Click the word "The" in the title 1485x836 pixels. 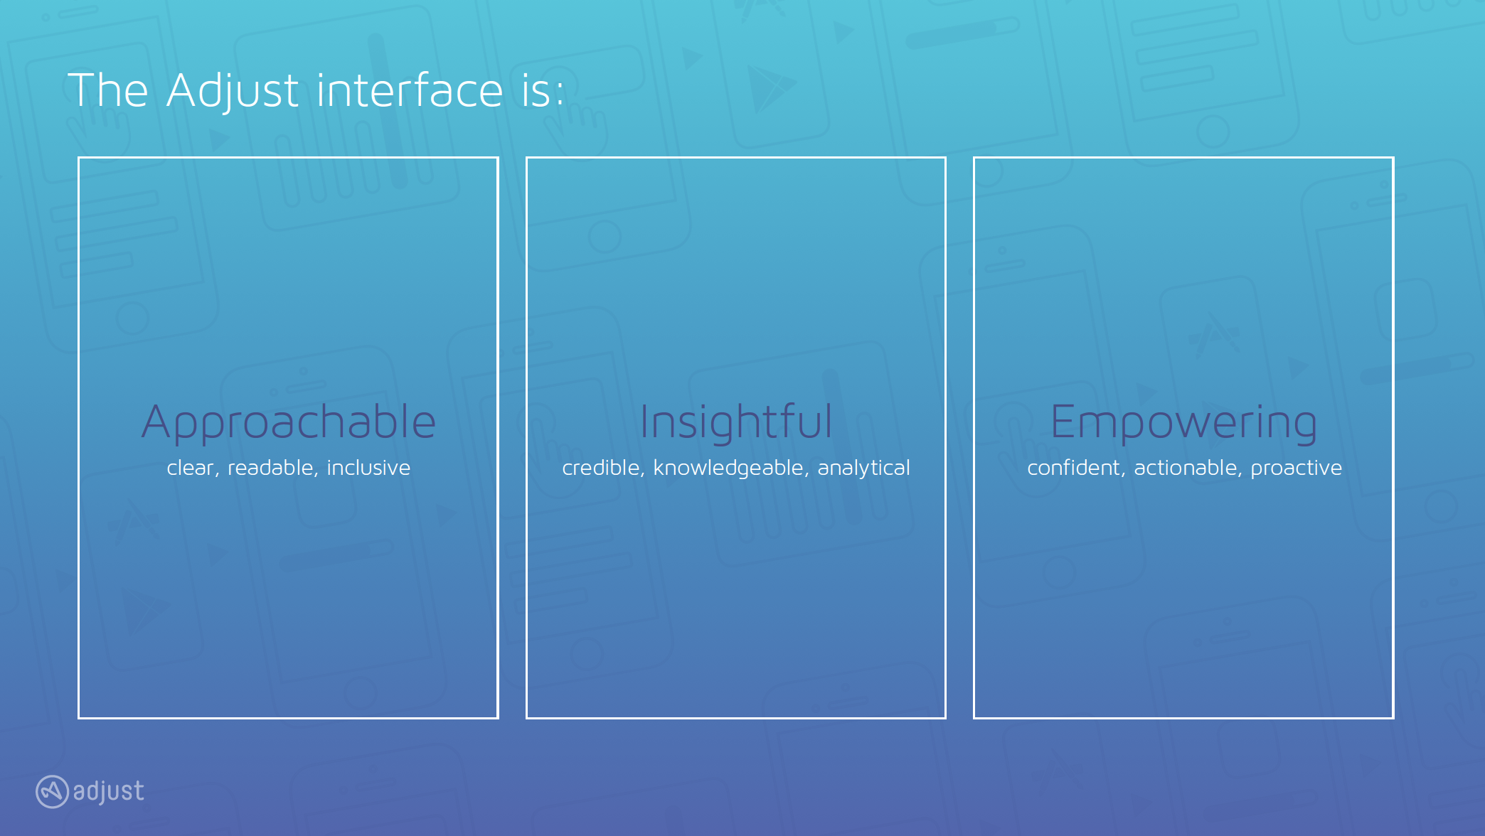pos(108,91)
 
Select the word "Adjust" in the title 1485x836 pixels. pos(233,91)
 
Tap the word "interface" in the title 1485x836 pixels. pos(410,91)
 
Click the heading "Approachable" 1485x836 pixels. pos(289,422)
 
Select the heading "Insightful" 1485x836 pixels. pos(736,422)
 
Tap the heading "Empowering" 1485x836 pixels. pos(1184,422)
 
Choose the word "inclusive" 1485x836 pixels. pos(368,468)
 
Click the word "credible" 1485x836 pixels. pos(602,468)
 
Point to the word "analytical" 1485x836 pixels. pos(863,468)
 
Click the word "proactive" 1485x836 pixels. pos(1297,468)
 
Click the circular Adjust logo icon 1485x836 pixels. pos(52,791)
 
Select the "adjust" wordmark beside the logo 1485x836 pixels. pos(109,791)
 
